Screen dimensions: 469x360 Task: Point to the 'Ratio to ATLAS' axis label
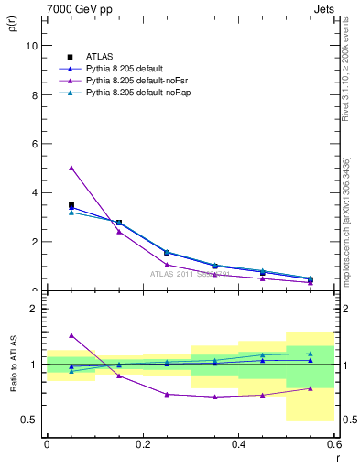pos(12,365)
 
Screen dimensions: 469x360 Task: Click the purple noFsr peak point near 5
pos(71,168)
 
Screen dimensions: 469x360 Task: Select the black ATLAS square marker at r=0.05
pos(71,205)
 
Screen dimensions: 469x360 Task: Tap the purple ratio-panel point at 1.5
pos(71,335)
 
